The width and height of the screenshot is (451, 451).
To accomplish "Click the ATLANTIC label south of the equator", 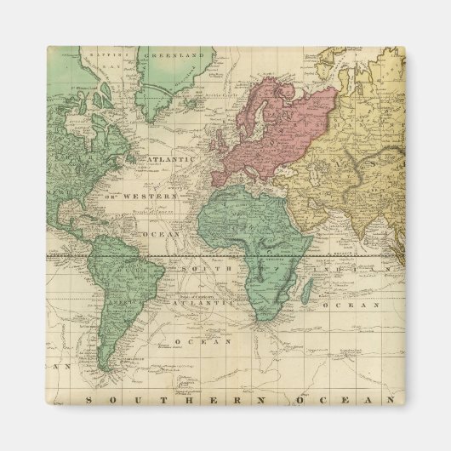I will click(x=203, y=302).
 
